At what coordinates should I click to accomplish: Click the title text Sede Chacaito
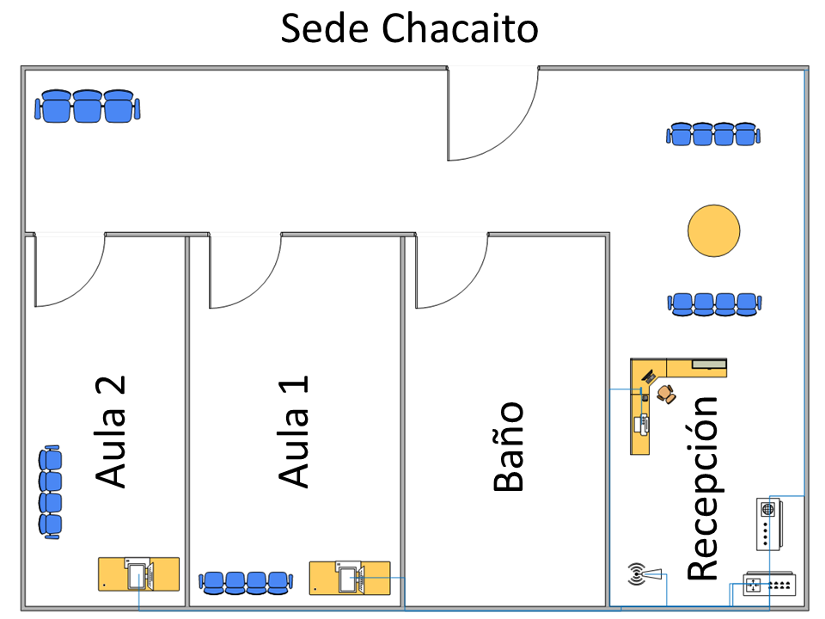[x=410, y=28]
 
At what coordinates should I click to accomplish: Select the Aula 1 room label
[x=294, y=432]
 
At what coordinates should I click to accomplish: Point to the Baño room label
[x=508, y=446]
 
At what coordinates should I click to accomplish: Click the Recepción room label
[x=702, y=488]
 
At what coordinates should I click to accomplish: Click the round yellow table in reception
[x=713, y=230]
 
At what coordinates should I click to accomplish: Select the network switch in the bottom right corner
[x=768, y=584]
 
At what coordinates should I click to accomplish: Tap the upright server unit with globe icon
[x=767, y=523]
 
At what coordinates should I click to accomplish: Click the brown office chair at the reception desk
[x=666, y=393]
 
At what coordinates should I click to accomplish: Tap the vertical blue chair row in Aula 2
[x=51, y=492]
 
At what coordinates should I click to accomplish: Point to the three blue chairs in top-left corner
[x=87, y=107]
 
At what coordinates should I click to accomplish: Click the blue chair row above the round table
[x=713, y=134]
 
